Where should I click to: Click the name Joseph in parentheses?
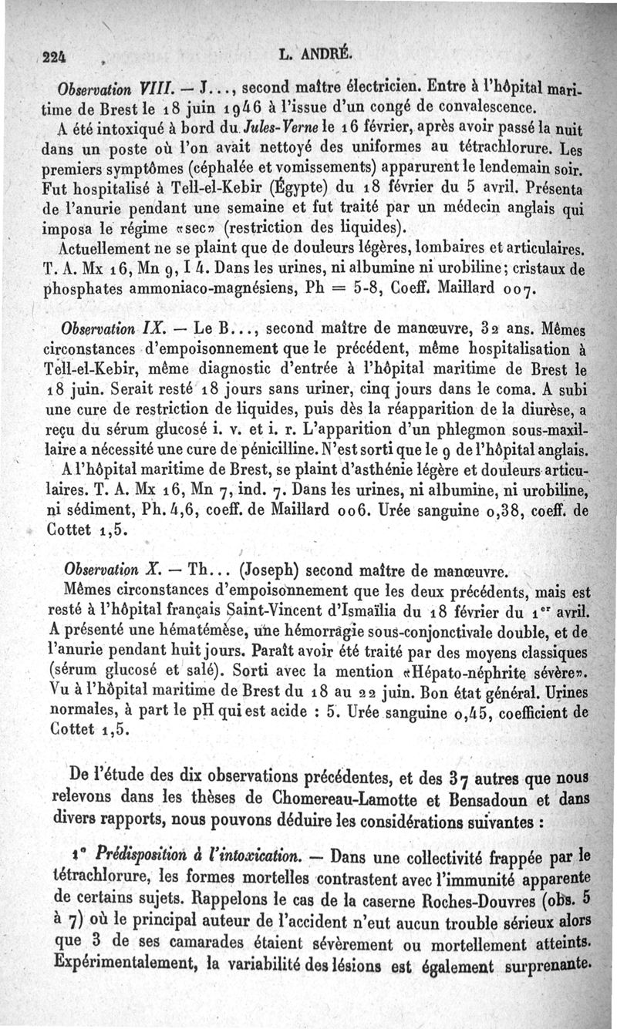point(269,572)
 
